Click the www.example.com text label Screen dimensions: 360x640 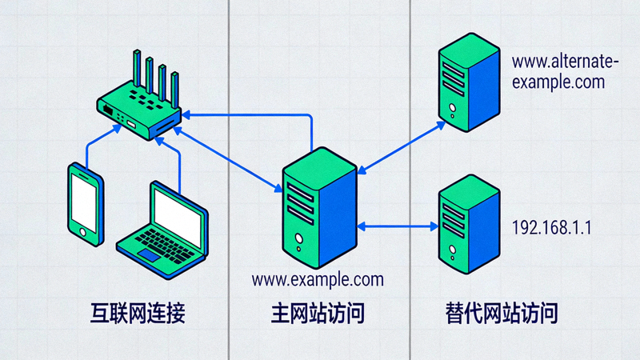[x=318, y=279]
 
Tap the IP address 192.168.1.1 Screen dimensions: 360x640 [x=550, y=227]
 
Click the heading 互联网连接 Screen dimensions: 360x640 [x=137, y=313]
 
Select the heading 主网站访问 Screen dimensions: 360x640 [x=318, y=313]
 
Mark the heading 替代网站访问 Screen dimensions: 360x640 [x=501, y=313]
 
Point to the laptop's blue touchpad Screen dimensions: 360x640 [x=150, y=254]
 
